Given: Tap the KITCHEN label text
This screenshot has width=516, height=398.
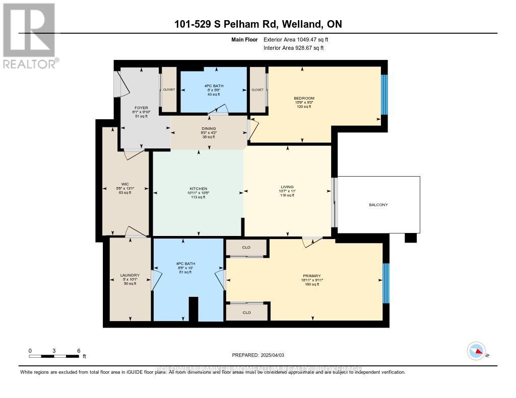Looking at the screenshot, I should pyautogui.click(x=199, y=188).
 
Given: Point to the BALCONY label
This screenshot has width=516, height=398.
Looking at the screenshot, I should pyautogui.click(x=378, y=205).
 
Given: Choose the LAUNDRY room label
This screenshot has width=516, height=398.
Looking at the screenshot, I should pyautogui.click(x=130, y=275).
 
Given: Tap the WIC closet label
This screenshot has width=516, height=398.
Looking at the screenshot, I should pyautogui.click(x=125, y=183).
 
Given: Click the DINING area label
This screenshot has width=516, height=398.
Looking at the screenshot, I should pyautogui.click(x=209, y=128).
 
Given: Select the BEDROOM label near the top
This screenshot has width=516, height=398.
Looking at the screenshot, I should pyautogui.click(x=304, y=98).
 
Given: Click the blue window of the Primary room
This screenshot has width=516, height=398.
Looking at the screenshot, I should pyautogui.click(x=386, y=283).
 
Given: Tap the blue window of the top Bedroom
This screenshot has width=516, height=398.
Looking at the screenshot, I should pyautogui.click(x=384, y=95).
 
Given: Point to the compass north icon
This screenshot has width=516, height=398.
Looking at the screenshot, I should pyautogui.click(x=476, y=351).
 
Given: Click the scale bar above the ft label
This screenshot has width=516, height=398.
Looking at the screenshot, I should pyautogui.click(x=54, y=356).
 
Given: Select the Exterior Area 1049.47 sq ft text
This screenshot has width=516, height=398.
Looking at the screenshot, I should pyautogui.click(x=296, y=39).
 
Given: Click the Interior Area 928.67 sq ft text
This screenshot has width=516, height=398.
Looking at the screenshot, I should pyautogui.click(x=293, y=48).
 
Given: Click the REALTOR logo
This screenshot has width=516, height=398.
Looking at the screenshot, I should pyautogui.click(x=29, y=35).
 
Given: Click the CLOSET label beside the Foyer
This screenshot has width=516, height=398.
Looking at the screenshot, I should pyautogui.click(x=168, y=90).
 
